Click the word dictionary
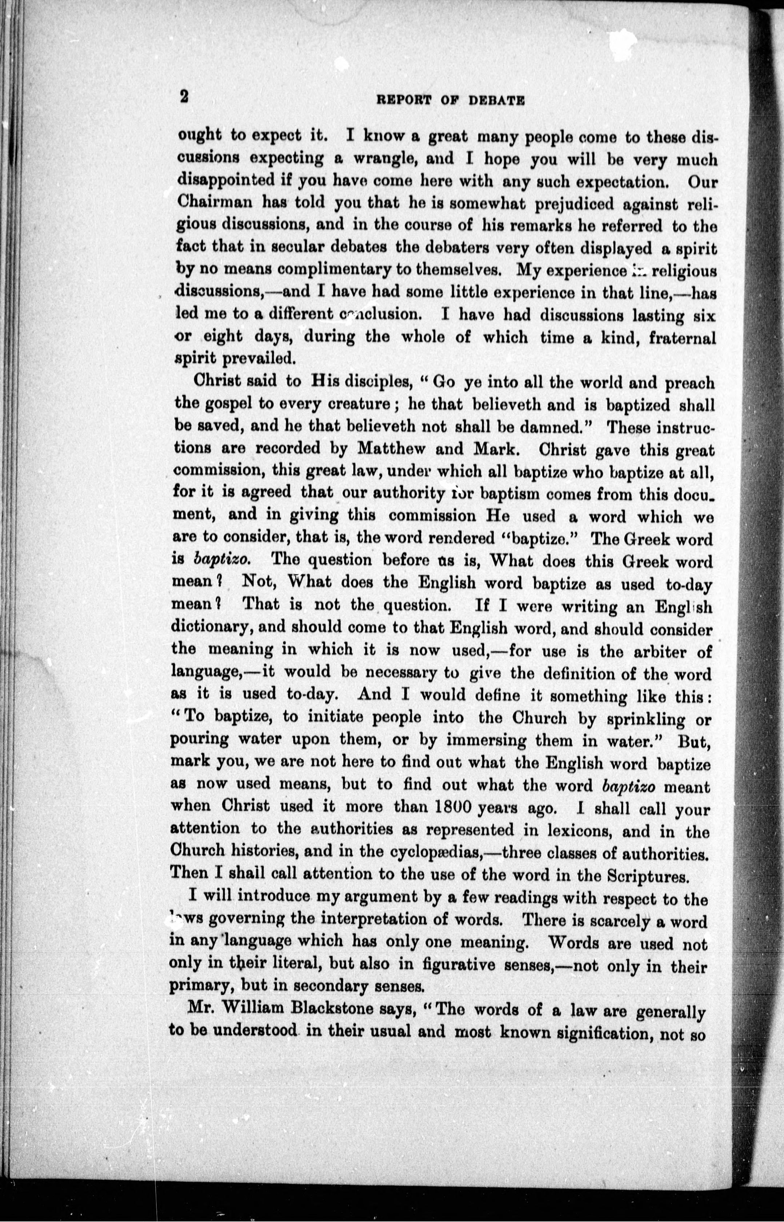coord(210,628)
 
